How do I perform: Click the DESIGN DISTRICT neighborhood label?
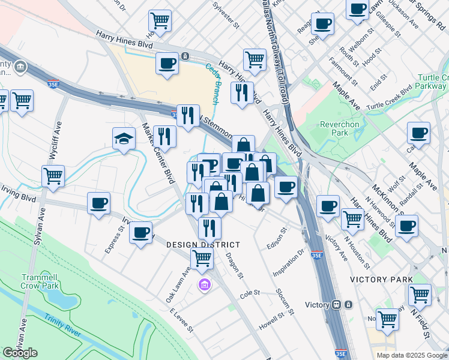(x=203, y=245)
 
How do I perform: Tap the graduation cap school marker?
(x=124, y=139)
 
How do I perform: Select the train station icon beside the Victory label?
(x=337, y=304)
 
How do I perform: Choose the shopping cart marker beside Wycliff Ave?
(x=53, y=176)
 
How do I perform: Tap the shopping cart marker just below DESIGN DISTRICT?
(x=202, y=259)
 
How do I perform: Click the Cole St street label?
(x=249, y=293)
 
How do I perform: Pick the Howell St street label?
(x=271, y=320)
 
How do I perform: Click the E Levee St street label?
(x=182, y=320)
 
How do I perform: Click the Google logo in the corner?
(x=20, y=353)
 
